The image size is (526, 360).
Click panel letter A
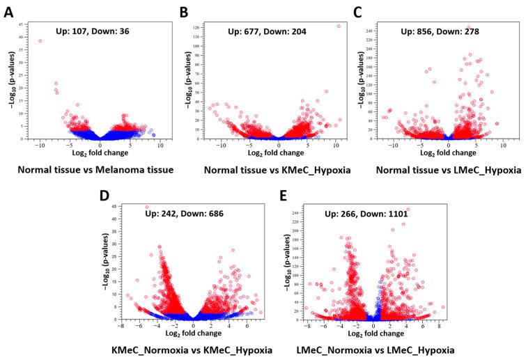pos(8,12)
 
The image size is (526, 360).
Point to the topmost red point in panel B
pos(339,26)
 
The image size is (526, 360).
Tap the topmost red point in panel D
pos(146,207)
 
